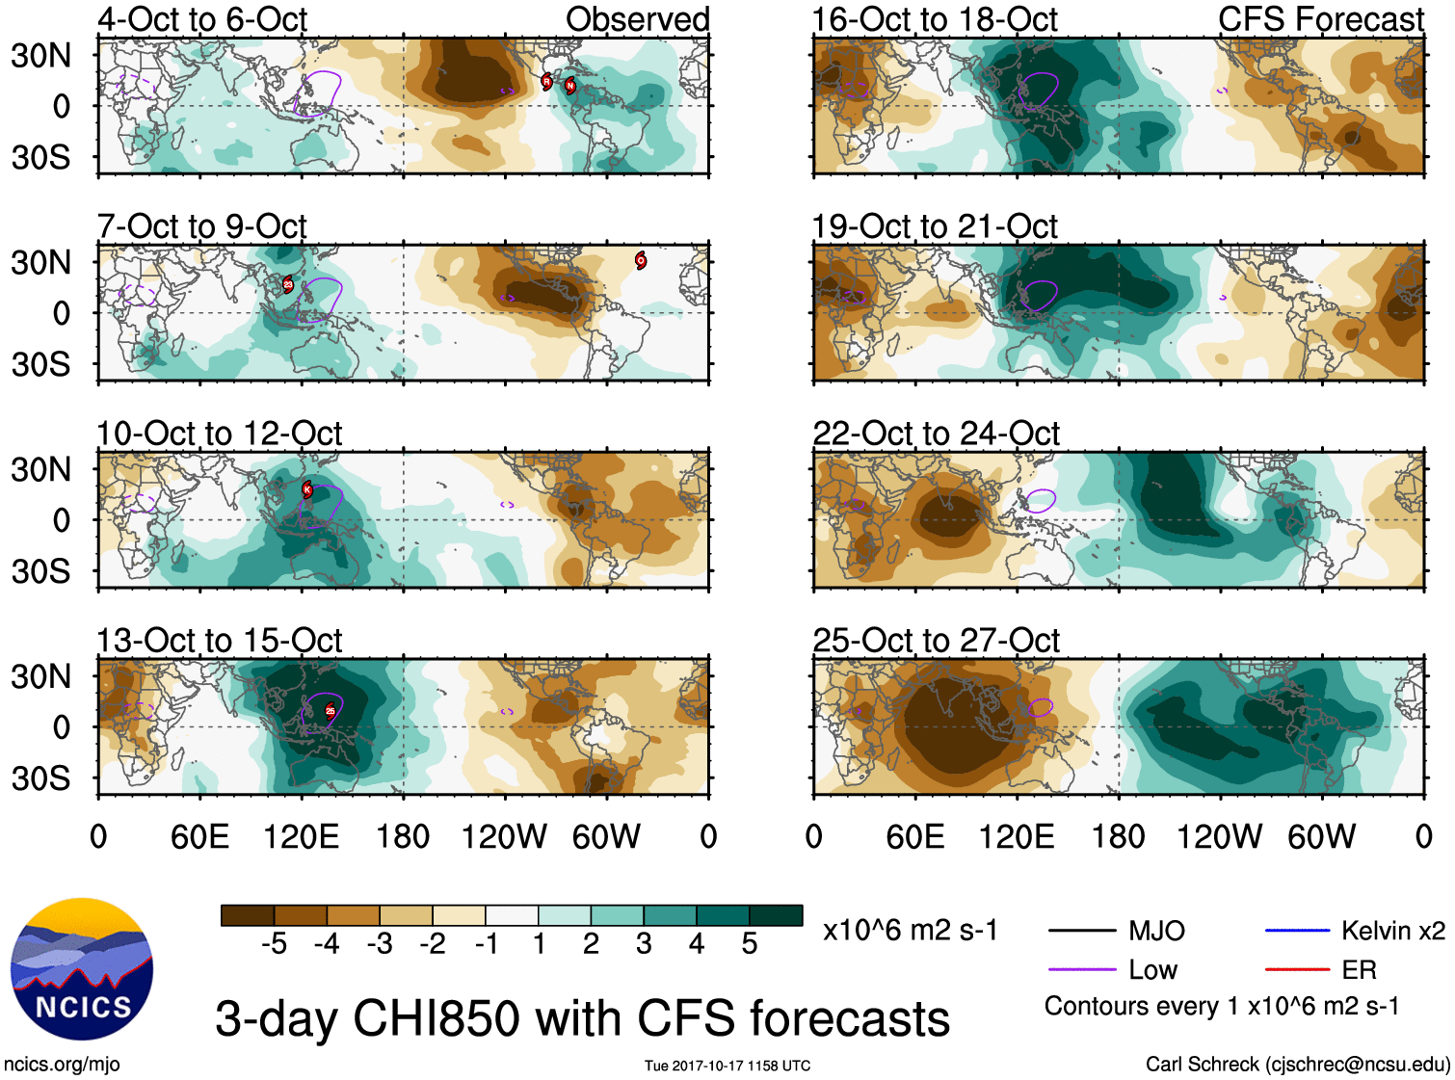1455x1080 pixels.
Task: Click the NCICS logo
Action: (81, 968)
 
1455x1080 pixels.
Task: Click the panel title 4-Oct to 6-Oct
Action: (202, 19)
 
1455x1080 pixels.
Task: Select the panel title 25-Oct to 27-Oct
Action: (936, 641)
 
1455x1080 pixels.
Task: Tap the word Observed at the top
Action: (637, 19)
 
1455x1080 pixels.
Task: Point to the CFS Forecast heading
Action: (1320, 19)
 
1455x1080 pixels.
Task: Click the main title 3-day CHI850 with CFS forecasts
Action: (582, 1018)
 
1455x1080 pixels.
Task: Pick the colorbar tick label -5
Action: (274, 944)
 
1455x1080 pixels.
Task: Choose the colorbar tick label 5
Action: (750, 944)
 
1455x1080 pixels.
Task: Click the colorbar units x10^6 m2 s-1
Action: (910, 931)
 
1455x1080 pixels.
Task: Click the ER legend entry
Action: (1359, 970)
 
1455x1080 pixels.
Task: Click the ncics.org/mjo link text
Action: (62, 1065)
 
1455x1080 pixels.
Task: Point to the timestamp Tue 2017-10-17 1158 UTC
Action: (727, 1066)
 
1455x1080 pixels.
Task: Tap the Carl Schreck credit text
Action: (1297, 1065)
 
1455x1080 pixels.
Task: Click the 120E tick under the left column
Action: (301, 836)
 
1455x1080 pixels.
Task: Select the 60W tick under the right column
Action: (1321, 836)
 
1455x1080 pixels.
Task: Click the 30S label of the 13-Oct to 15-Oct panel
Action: (41, 777)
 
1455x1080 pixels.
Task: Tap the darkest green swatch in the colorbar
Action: (776, 915)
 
